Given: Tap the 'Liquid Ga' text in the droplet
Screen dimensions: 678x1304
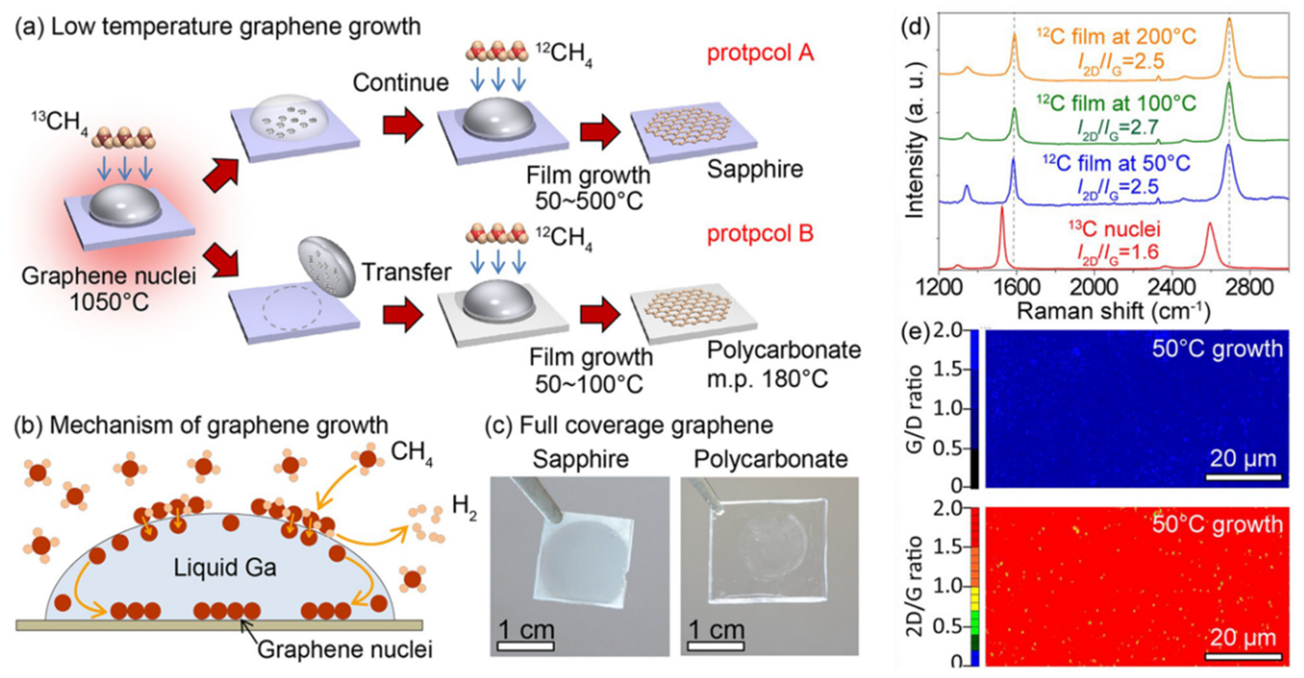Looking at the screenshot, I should click(x=225, y=568).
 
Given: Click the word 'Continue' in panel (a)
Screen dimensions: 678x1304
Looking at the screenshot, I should click(x=400, y=82).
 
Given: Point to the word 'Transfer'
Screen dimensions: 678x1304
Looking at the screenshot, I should click(x=406, y=272).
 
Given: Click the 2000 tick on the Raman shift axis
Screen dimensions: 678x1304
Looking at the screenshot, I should click(x=1093, y=287).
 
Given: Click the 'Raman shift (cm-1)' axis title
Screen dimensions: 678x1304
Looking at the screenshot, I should click(x=1114, y=311).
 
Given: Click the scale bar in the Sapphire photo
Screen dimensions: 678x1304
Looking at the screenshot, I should click(x=525, y=646).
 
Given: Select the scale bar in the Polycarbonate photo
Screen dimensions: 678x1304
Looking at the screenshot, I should click(x=716, y=646).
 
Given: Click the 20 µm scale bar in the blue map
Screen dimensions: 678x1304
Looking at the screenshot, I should click(x=1243, y=476).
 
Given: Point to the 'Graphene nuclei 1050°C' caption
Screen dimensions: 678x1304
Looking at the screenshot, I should click(x=108, y=289).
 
